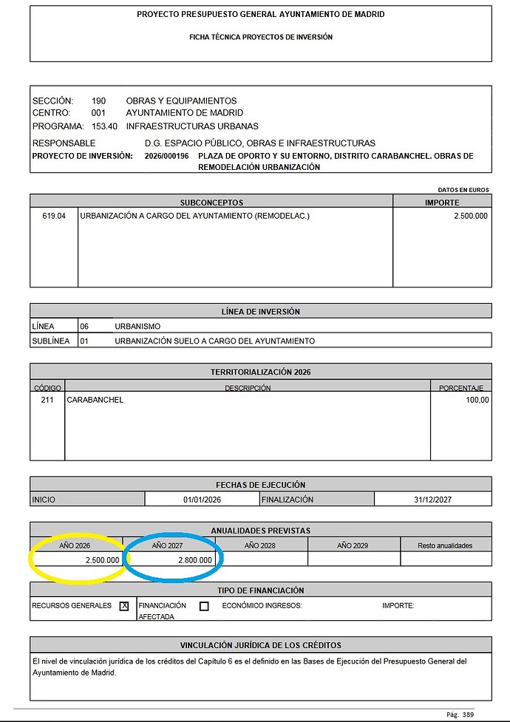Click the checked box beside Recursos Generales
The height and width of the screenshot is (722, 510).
[124, 606]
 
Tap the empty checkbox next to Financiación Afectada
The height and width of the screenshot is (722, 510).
[204, 606]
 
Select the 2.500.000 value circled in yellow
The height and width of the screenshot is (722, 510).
[102, 560]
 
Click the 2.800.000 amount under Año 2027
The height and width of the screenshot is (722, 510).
[195, 560]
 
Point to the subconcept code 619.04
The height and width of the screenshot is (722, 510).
[55, 216]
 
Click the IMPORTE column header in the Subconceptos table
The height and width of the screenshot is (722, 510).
[442, 202]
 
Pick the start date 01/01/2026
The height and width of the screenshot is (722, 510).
[202, 500]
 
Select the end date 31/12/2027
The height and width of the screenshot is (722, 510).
[432, 500]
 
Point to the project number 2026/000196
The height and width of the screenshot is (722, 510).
[167, 156]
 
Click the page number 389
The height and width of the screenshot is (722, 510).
[468, 715]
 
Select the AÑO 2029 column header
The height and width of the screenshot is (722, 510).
[353, 545]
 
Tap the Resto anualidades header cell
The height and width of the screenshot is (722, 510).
[446, 545]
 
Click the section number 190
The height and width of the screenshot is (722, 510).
[98, 101]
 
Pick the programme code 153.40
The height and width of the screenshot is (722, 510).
[104, 126]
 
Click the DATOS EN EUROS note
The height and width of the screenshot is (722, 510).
[463, 190]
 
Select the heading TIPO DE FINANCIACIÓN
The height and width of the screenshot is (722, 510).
[260, 590]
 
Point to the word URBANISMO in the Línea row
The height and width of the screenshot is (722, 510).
[137, 326]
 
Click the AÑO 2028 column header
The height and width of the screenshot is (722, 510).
[260, 545]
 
